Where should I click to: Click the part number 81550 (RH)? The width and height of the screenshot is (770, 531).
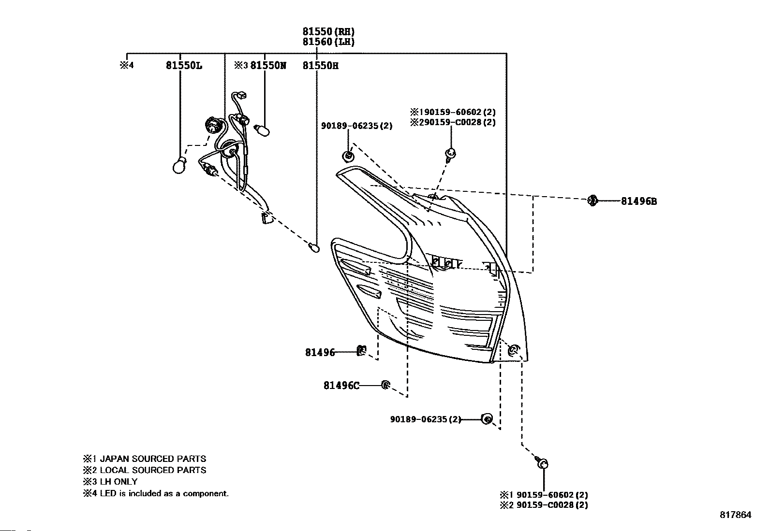[x=328, y=31]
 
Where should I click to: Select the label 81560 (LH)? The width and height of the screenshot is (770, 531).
[x=328, y=42]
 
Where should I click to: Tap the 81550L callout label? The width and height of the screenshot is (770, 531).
[x=184, y=65]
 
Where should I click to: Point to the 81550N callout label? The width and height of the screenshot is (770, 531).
[x=268, y=65]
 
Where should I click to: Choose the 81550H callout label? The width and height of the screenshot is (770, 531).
[x=320, y=66]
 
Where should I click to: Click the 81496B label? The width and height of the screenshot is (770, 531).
[x=639, y=201]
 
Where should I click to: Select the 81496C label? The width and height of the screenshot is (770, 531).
[x=341, y=386]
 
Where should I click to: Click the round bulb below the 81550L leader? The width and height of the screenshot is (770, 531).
[x=179, y=166]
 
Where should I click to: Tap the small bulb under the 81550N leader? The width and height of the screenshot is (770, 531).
[x=262, y=130]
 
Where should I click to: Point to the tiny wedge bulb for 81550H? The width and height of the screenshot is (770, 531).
[x=314, y=247]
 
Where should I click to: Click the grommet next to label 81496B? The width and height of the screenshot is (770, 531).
[x=592, y=200]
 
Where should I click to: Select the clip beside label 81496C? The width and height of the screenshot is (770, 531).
[x=385, y=385]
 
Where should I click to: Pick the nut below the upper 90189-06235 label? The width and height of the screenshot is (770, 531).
[x=348, y=156]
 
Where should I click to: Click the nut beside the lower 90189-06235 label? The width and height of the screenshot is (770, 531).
[x=487, y=419]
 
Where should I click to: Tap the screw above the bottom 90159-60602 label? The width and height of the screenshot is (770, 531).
[x=542, y=462]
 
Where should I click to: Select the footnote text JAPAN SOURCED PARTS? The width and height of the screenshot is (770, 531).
[x=153, y=459]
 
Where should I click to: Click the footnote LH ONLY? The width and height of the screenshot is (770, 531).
[x=118, y=482]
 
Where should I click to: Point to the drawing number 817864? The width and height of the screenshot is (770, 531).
[x=736, y=515]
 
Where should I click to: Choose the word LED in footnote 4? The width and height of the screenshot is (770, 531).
[x=108, y=493]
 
